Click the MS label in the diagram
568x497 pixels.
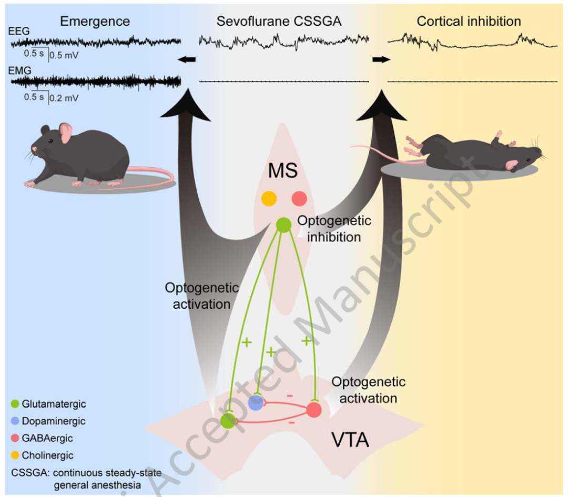pos(283,170)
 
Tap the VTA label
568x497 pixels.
pos(350,438)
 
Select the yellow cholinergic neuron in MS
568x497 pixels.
pos(269,199)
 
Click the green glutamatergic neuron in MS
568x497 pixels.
pos(284,225)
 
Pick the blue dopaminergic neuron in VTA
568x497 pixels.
pos(256,403)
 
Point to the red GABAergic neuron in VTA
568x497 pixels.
pos(314,410)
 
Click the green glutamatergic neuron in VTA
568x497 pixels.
pos(228,420)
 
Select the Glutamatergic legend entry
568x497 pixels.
pos(48,404)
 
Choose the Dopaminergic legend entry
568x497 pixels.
pos(48,421)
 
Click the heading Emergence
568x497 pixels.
pos(95,22)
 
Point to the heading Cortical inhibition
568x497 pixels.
pos(469,22)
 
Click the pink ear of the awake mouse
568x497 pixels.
pos(66,133)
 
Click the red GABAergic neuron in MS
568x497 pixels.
pos(299,199)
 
